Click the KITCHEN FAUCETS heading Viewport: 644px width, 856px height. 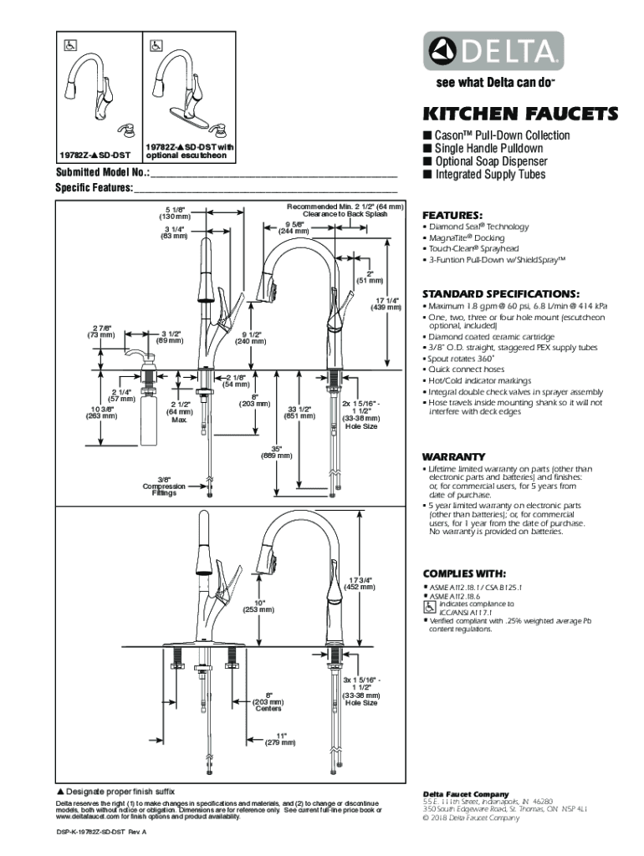coord(519,114)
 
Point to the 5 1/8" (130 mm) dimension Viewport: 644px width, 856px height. coord(175,212)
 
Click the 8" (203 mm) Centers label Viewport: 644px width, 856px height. coord(268,701)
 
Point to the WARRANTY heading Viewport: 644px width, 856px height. coord(454,456)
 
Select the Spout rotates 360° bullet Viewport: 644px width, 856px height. coord(462,358)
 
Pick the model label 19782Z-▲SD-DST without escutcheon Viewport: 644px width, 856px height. coord(94,155)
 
